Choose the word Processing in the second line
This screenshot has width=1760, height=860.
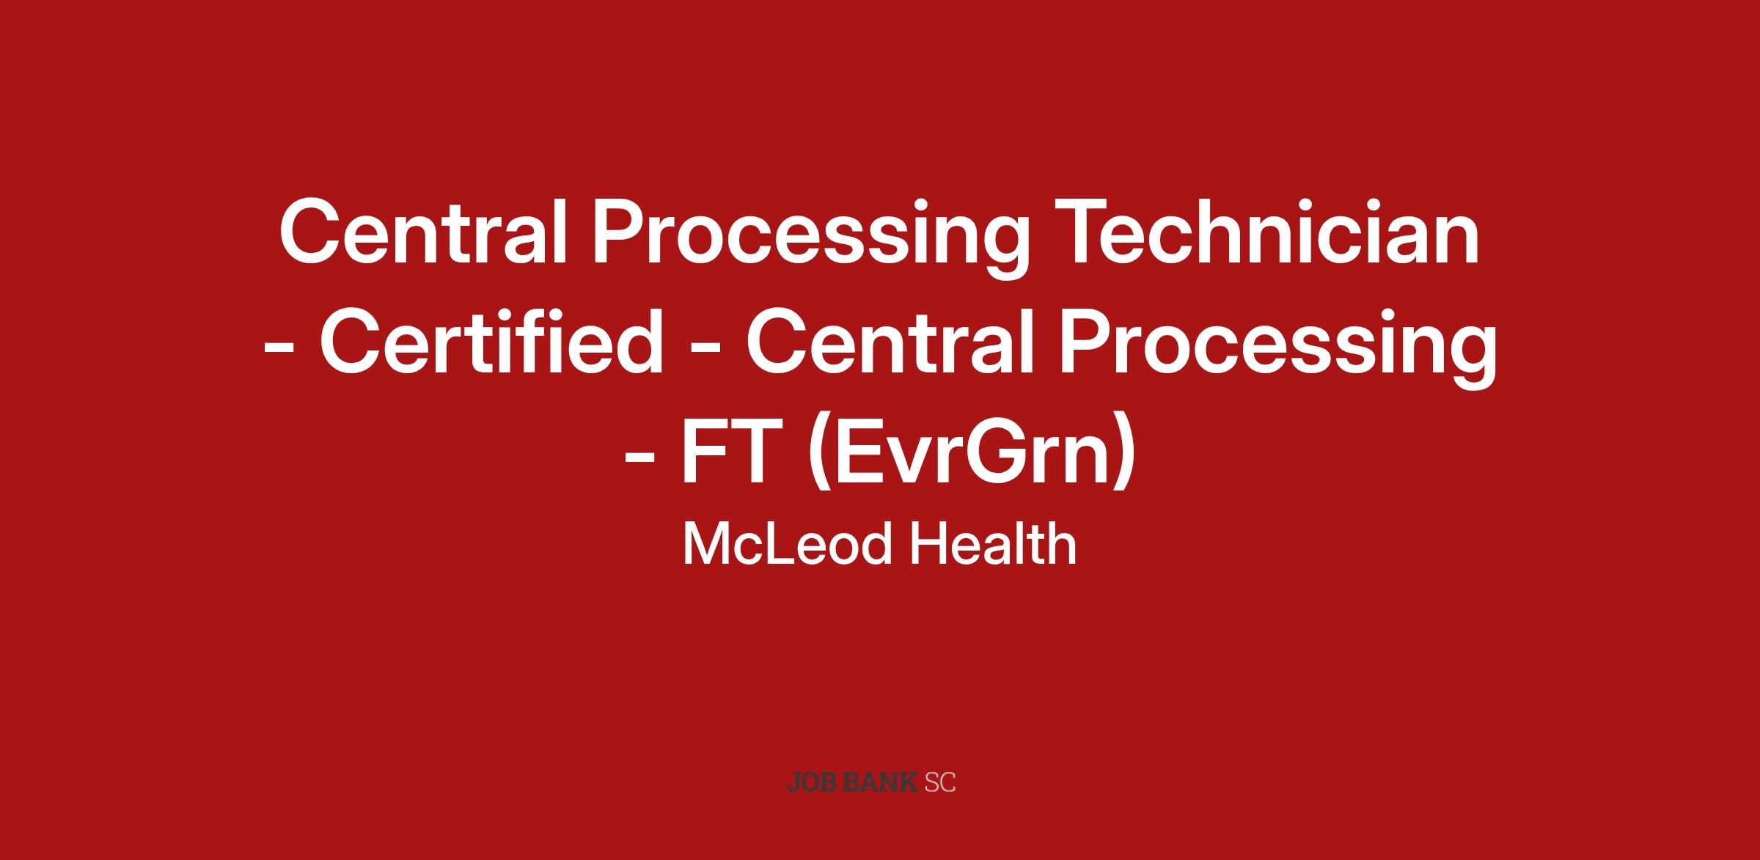(x=1278, y=348)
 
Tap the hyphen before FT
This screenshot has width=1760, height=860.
(x=639, y=460)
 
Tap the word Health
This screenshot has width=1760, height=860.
(x=994, y=544)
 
